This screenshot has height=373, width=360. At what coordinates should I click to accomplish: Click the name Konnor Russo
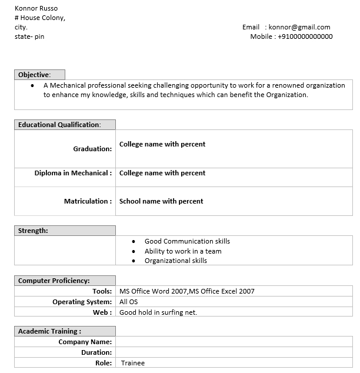click(36, 8)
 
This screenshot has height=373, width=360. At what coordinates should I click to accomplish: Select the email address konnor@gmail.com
click(299, 27)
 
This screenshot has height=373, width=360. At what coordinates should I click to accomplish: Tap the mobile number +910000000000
click(305, 36)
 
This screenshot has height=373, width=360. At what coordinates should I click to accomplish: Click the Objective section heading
click(34, 75)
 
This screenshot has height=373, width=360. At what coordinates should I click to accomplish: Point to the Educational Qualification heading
click(59, 125)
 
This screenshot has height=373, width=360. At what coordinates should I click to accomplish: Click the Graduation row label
click(92, 149)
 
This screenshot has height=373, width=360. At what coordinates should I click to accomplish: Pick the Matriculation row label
click(88, 201)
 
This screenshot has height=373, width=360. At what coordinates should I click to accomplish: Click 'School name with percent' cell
click(161, 201)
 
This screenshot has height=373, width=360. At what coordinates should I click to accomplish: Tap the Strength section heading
click(33, 231)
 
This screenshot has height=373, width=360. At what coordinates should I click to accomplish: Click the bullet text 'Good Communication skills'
click(187, 241)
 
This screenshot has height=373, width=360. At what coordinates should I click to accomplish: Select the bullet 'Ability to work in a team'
click(183, 251)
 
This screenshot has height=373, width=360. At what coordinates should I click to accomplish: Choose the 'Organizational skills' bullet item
click(176, 261)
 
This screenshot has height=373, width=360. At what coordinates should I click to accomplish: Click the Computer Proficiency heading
click(54, 281)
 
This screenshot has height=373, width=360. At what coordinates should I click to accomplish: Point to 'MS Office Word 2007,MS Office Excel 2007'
click(186, 291)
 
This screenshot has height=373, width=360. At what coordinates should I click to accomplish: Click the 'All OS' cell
click(128, 302)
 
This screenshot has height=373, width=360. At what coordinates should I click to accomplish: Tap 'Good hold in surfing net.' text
click(158, 312)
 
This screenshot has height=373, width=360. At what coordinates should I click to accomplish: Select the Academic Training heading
click(49, 331)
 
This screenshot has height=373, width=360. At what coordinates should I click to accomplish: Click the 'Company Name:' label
click(85, 342)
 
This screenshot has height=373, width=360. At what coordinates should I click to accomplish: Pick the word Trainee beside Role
click(132, 363)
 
